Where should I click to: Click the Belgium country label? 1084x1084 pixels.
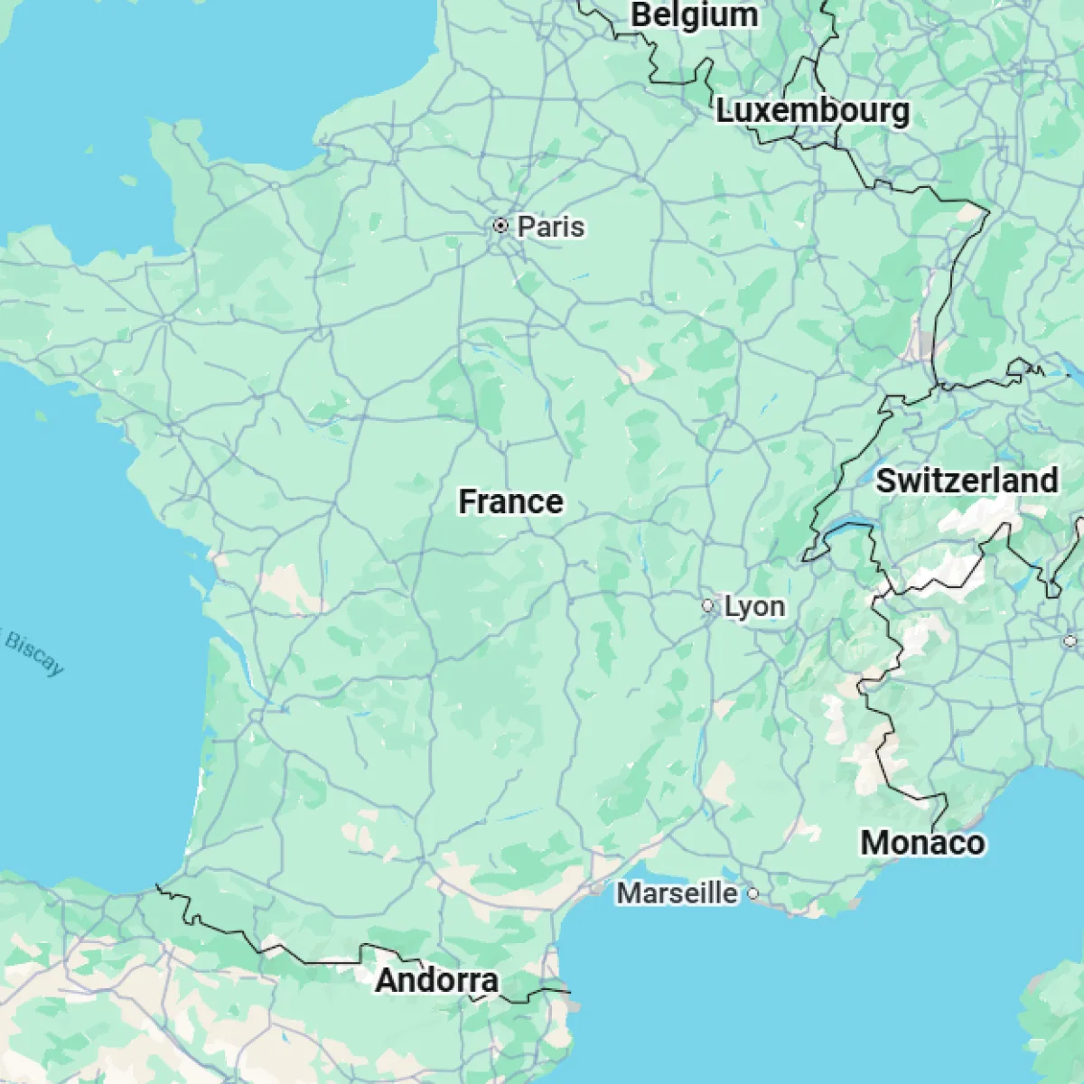click(x=694, y=15)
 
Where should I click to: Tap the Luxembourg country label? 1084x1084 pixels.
click(x=813, y=111)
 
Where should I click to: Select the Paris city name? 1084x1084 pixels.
click(x=550, y=226)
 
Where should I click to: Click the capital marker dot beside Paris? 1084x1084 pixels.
click(x=500, y=225)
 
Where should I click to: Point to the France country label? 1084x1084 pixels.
click(x=510, y=501)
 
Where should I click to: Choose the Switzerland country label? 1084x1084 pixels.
click(x=967, y=481)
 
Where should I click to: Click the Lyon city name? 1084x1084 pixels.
click(x=754, y=606)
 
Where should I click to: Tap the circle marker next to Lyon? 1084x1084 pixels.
click(x=709, y=606)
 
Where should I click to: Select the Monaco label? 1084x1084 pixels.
click(x=922, y=842)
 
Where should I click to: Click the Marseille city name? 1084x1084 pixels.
click(x=677, y=893)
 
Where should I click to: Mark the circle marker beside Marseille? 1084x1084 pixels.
click(x=752, y=894)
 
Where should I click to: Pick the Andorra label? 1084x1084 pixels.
click(x=436, y=980)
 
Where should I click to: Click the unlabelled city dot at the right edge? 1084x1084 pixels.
click(x=1070, y=641)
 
